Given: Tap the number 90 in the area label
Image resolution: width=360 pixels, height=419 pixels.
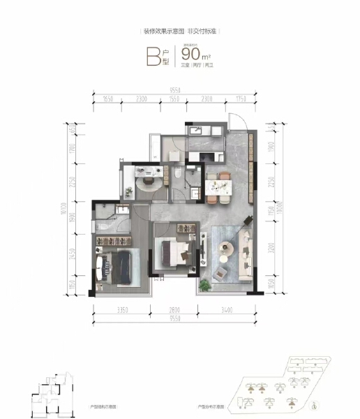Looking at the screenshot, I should tap(190, 54).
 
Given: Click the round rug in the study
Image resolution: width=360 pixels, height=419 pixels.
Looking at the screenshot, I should tap(148, 183).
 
